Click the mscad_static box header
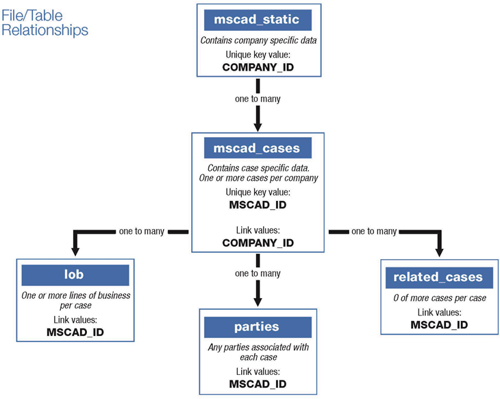click(x=258, y=19)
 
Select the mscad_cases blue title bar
click(x=258, y=147)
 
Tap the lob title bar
click(x=75, y=275)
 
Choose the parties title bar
click(x=258, y=327)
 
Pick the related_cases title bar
click(x=438, y=278)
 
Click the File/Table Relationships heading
click(x=45, y=21)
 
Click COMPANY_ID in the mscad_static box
click(x=258, y=67)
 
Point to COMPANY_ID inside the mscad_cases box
click(x=258, y=243)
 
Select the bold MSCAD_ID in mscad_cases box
click(x=258, y=205)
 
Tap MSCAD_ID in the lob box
click(x=75, y=332)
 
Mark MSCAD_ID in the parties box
click(x=258, y=384)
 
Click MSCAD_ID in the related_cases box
click(x=438, y=324)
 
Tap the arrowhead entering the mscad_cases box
click(x=258, y=124)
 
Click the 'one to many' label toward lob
click(x=141, y=231)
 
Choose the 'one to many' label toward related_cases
click(x=374, y=231)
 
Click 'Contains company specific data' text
click(x=258, y=40)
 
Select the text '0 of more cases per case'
click(x=438, y=298)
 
